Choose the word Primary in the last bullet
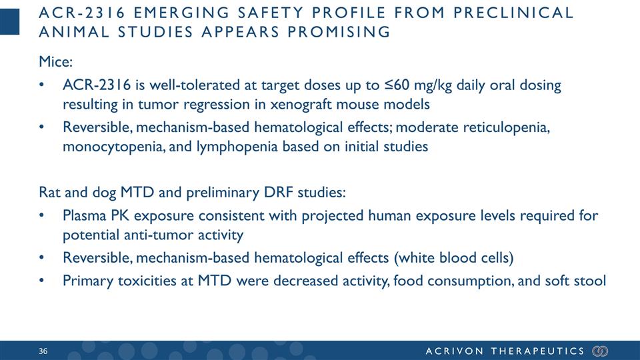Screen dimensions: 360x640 86,281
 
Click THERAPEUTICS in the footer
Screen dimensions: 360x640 538,351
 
